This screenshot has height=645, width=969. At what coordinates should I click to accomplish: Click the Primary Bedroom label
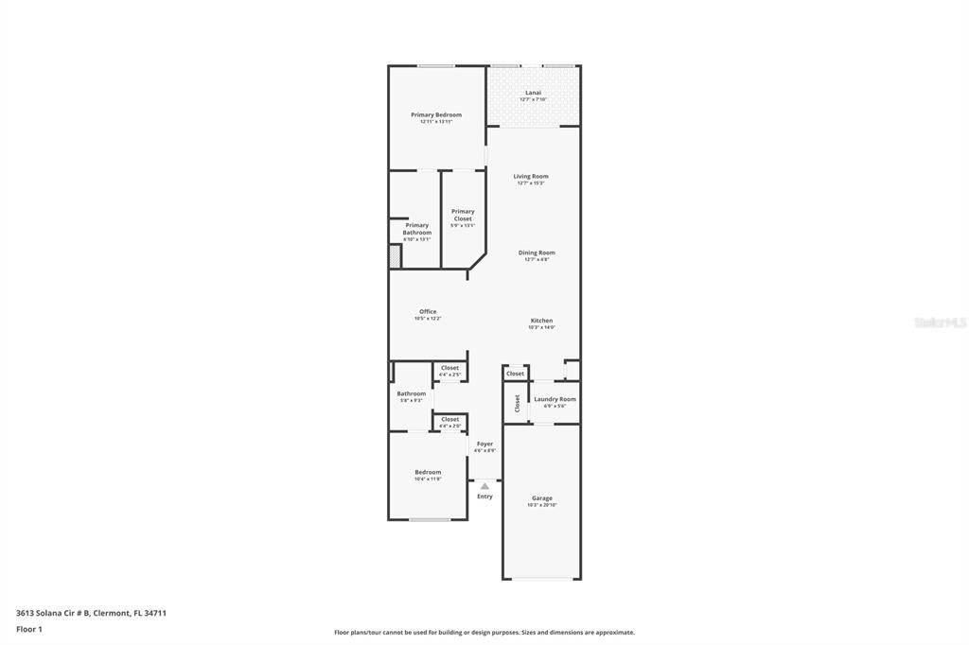click(x=436, y=114)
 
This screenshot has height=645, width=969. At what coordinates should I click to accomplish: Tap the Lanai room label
click(x=533, y=93)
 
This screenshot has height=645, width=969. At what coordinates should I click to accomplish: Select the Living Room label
click(x=531, y=177)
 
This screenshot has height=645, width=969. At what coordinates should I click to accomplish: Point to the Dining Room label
click(x=537, y=253)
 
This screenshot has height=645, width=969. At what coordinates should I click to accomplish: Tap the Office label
click(x=428, y=312)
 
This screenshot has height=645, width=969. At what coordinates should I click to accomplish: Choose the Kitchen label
click(x=541, y=321)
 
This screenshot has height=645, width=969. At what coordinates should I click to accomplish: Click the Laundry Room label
click(x=555, y=399)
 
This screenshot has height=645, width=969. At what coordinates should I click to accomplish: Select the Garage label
click(x=541, y=498)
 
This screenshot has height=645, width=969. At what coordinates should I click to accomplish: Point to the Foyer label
click(x=484, y=444)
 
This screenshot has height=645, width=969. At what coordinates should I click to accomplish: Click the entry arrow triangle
click(x=484, y=486)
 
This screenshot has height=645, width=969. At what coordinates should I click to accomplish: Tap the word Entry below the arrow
click(x=484, y=497)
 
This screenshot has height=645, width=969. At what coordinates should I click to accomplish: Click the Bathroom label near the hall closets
click(x=411, y=393)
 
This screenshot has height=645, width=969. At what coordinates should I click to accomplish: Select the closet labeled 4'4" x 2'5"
click(x=449, y=368)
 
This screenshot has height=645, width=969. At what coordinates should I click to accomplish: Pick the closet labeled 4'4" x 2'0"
click(x=449, y=419)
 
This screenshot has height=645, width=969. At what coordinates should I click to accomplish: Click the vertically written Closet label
click(x=517, y=404)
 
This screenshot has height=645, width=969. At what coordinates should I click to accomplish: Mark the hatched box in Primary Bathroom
click(x=396, y=255)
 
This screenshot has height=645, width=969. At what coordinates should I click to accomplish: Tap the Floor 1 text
click(x=29, y=629)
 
